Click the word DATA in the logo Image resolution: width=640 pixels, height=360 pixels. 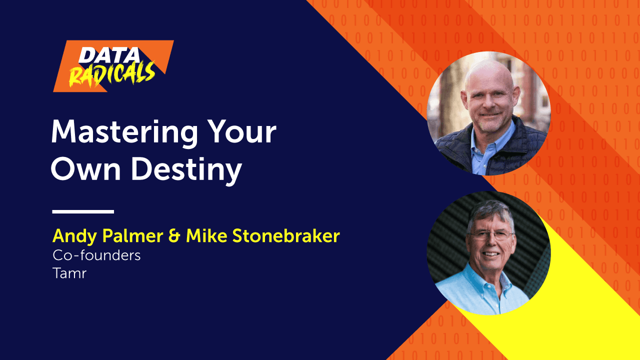click(x=109, y=55)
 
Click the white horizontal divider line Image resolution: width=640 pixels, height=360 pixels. click(x=83, y=211)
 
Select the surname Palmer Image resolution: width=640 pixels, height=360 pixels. click(x=132, y=235)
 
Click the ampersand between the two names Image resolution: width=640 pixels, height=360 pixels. click(x=174, y=236)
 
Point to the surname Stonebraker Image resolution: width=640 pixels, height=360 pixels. click(x=286, y=235)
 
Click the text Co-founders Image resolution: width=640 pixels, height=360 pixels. click(x=96, y=255)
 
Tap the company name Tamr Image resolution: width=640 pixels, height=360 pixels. click(x=69, y=273)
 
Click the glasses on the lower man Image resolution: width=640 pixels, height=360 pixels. click(x=490, y=235)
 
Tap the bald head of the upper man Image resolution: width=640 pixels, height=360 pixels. click(x=489, y=74)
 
